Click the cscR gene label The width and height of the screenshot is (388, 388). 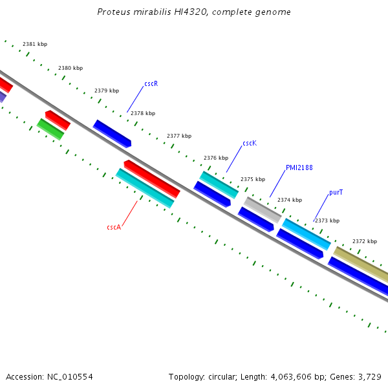(151, 83)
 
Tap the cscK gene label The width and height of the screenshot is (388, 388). (250, 143)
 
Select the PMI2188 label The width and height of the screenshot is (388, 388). (299, 167)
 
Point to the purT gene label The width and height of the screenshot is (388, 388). (336, 192)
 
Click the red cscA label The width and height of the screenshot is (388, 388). (114, 227)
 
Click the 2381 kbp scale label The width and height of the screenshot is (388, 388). (35, 44)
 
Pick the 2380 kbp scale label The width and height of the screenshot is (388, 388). (70, 68)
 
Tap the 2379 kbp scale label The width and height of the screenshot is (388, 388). (107, 91)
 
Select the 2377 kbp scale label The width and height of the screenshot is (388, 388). (179, 136)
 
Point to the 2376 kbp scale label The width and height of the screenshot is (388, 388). (216, 158)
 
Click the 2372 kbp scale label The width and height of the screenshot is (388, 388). (365, 241)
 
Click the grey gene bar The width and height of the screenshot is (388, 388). (263, 210)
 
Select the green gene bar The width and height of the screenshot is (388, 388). (50, 129)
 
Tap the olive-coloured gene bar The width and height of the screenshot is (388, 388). (361, 264)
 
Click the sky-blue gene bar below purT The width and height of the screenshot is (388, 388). (307, 234)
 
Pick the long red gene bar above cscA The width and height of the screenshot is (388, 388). (152, 179)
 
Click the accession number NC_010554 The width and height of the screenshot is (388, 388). (70, 377)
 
